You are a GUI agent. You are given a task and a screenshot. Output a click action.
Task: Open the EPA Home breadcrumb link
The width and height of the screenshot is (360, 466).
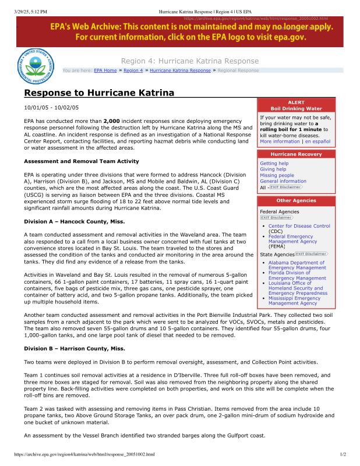point(105,70)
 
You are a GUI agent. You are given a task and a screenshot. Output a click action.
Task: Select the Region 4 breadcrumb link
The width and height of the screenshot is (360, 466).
point(133,70)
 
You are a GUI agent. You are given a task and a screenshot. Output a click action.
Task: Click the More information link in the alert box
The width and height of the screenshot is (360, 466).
point(280,142)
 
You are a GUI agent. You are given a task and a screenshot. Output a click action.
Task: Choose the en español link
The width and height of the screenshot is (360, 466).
point(317,142)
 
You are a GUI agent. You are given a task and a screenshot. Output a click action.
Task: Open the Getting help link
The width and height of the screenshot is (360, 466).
point(274,164)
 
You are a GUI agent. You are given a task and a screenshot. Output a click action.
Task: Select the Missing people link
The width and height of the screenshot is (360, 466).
point(277,175)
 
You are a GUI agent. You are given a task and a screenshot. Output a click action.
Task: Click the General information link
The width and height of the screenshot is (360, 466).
point(283,181)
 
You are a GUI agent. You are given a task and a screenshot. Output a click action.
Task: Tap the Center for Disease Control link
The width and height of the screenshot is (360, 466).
point(299,226)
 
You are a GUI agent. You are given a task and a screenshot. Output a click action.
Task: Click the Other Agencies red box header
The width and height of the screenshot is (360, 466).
point(296,200)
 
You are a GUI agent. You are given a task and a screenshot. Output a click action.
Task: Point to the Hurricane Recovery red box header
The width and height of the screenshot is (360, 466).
point(296,154)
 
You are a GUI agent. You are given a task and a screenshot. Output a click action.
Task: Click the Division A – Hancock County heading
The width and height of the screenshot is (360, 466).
point(74,221)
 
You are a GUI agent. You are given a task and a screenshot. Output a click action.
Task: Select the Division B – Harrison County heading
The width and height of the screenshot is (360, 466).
point(74,348)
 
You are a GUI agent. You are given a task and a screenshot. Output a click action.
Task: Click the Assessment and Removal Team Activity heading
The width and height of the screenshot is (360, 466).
point(81,161)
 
